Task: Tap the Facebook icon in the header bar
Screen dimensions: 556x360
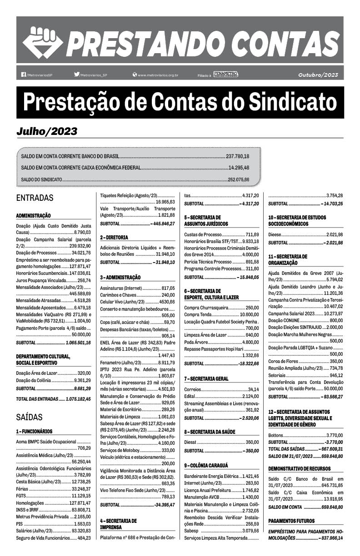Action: [x=24, y=74]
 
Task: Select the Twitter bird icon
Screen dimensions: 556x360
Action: [x=76, y=74]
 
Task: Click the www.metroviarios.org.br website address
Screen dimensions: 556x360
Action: [x=157, y=75]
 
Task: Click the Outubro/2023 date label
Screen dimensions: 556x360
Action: [x=318, y=74]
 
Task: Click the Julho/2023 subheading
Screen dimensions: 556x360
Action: [x=46, y=132]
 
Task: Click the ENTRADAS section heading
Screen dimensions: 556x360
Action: [x=35, y=198]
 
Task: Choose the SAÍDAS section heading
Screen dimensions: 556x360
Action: [x=29, y=417]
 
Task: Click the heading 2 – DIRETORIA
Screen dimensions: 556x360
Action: [x=114, y=237]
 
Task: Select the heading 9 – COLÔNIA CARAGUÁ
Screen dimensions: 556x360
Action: [x=206, y=465]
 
